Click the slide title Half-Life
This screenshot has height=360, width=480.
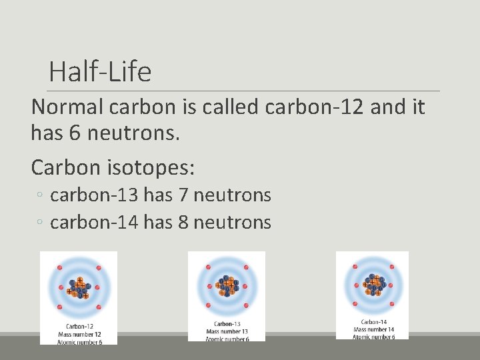(100, 71)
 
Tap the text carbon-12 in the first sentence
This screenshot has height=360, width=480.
(315, 107)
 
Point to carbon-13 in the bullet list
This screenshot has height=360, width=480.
(93, 195)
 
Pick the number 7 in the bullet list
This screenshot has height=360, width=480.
(185, 195)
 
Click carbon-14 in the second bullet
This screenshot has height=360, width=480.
(93, 222)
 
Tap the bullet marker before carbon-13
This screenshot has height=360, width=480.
(41, 196)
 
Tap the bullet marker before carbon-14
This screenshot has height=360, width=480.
(41, 223)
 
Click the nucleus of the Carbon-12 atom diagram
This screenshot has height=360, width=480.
(79, 288)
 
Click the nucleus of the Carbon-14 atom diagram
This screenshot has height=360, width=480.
(373, 284)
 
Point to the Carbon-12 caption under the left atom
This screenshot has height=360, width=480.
(79, 326)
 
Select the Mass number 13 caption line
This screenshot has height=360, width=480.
(227, 331)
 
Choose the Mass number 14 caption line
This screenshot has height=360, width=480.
(374, 329)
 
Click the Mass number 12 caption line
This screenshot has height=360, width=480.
(79, 334)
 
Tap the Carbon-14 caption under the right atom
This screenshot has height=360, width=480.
(374, 322)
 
